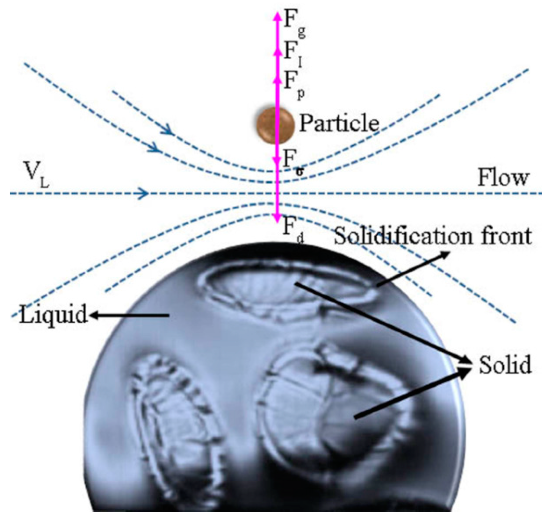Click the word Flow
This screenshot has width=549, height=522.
(x=503, y=178)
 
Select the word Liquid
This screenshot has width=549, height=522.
(x=53, y=314)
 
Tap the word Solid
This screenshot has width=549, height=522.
(x=505, y=365)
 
